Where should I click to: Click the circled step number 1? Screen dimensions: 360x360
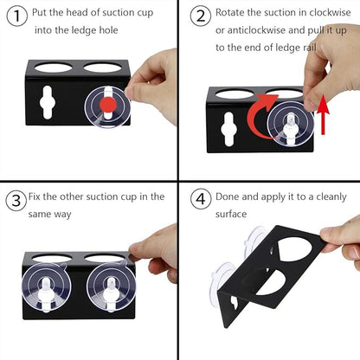(17, 16)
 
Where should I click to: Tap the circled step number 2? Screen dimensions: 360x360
(201, 16)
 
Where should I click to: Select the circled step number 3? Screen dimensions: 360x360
(16, 200)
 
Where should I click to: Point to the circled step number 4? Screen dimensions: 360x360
(201, 199)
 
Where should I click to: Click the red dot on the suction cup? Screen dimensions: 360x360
(108, 105)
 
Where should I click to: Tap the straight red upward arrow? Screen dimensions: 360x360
(324, 115)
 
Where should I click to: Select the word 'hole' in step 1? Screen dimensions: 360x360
(108, 30)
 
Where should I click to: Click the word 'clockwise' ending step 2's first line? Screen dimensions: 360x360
(330, 13)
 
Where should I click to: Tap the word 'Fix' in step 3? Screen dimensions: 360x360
(34, 196)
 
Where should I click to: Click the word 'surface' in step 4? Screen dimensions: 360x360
(231, 214)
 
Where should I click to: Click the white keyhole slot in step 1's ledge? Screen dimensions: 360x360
(48, 102)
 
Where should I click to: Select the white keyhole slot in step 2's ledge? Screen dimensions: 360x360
(228, 129)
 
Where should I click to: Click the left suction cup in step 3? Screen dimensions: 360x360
(46, 287)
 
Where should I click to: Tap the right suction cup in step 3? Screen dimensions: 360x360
(111, 287)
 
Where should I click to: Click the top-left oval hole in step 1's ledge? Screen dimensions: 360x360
(54, 67)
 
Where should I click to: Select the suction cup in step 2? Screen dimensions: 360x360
(290, 124)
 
